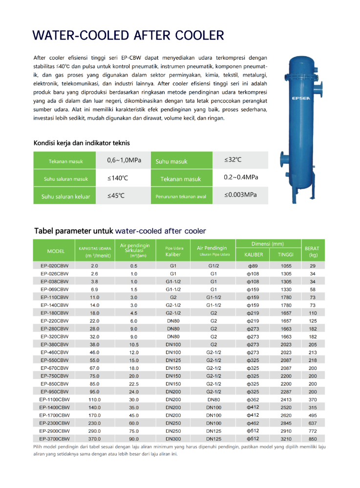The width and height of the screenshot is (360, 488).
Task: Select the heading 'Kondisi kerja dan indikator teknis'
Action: [82, 143]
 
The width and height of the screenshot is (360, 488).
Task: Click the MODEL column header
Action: [56, 251]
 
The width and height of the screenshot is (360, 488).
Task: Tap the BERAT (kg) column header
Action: [313, 251]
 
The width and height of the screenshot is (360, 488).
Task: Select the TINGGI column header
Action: [286, 255]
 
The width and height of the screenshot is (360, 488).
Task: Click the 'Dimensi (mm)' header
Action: [268, 243]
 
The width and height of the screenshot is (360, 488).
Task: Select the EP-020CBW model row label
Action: [54, 266]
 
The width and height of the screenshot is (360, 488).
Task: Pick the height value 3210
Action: [286, 439]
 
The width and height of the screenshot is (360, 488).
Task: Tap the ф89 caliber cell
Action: [253, 266]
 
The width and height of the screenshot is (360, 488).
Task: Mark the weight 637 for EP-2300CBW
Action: [313, 423]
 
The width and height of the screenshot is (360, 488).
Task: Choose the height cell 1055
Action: [286, 266]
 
